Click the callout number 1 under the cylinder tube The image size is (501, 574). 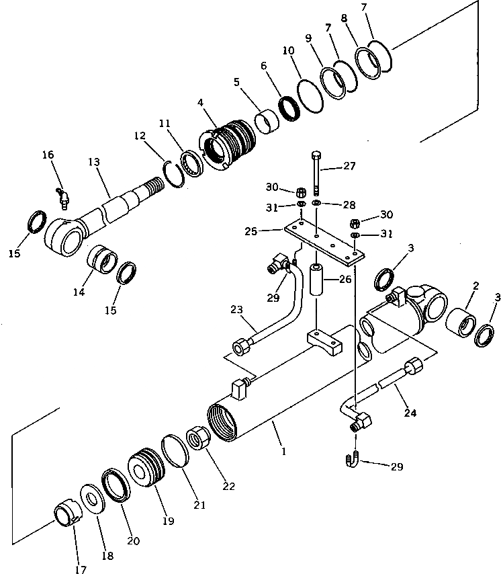coord(284,452)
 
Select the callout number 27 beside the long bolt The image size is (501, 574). coord(349,166)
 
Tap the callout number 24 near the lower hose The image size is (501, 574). coord(410,413)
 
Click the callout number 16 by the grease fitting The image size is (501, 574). coord(48,155)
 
